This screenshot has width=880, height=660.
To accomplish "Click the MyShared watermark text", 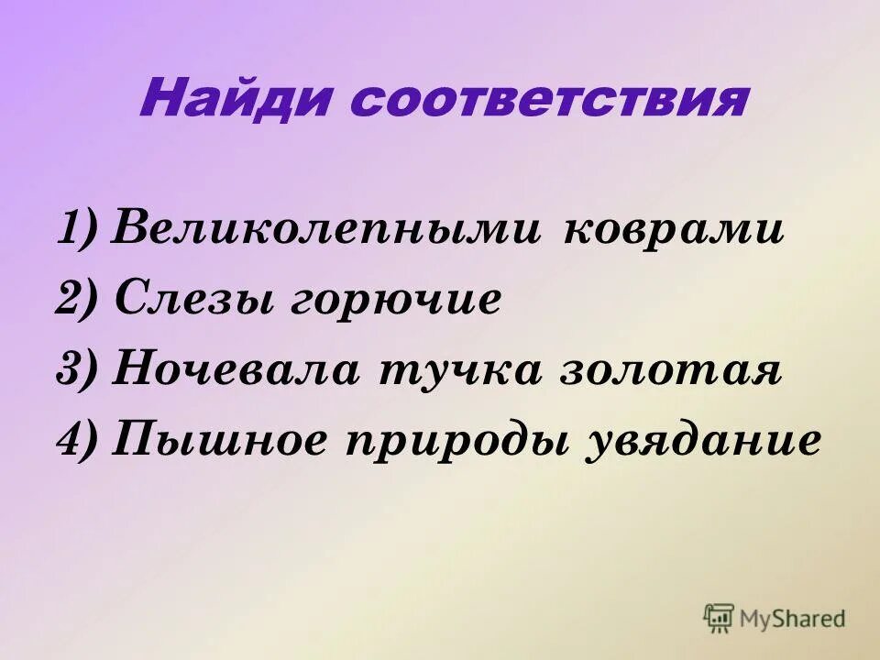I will coord(793,619).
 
